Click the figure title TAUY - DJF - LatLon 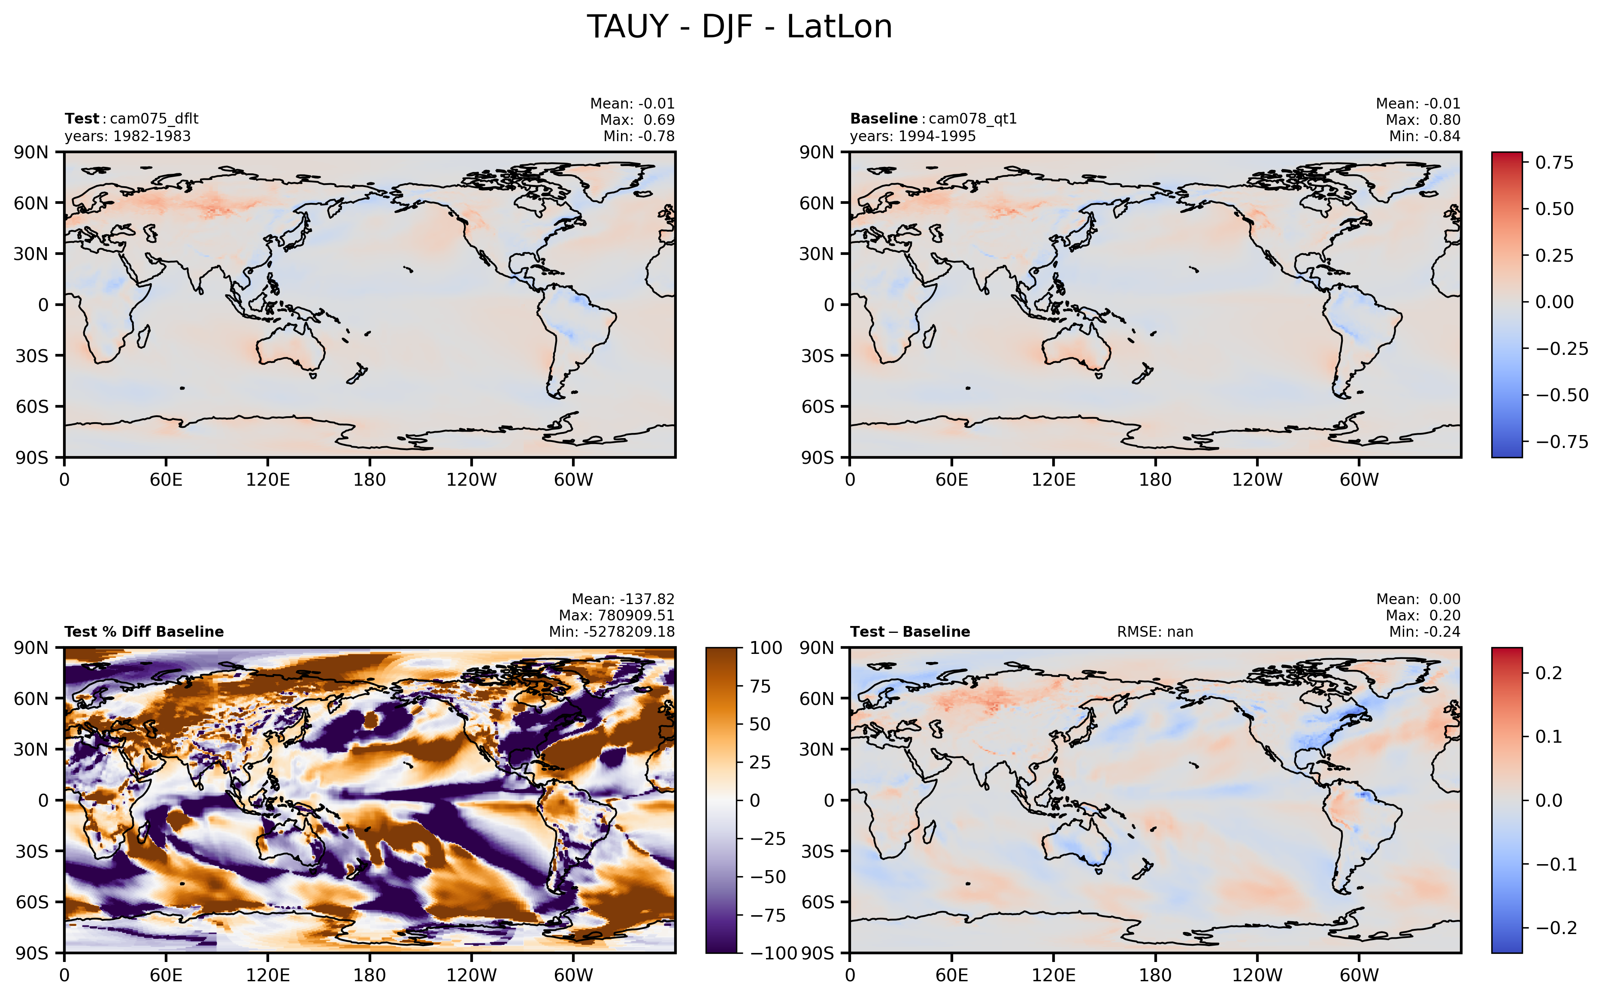pos(739,27)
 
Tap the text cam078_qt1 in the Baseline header pos(973,119)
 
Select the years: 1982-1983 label pos(127,136)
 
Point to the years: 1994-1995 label pos(913,136)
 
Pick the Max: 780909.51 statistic pos(617,616)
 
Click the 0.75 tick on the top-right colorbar pos(1554,162)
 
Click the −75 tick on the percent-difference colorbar pos(768,916)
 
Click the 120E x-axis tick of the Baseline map pos(1054,480)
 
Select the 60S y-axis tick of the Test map pos(32,407)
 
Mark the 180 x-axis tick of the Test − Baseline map pos(1155,975)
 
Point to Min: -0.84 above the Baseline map pos(1424,136)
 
